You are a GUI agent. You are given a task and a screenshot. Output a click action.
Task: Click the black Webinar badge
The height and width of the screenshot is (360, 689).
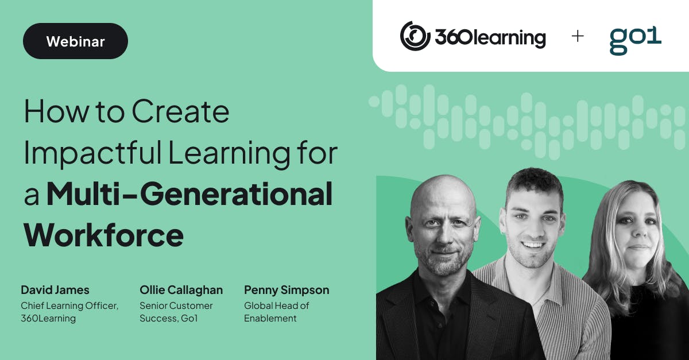point(75,41)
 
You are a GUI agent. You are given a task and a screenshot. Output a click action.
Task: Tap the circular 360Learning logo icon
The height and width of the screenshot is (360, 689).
point(415,36)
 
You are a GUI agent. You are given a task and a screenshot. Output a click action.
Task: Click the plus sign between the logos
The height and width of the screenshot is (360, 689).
point(578,36)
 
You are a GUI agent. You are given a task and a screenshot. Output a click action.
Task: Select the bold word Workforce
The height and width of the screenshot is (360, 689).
point(103,235)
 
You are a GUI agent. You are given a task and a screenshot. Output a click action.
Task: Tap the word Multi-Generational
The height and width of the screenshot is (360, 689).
point(189,194)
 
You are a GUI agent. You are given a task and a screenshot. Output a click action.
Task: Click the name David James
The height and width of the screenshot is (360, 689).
point(55,290)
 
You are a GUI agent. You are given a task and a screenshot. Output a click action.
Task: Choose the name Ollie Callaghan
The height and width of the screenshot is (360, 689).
point(181,290)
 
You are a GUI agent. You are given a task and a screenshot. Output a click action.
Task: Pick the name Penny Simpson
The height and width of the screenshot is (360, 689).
point(287,290)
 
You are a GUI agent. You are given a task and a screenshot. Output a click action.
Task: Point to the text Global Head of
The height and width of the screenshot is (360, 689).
point(277,305)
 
